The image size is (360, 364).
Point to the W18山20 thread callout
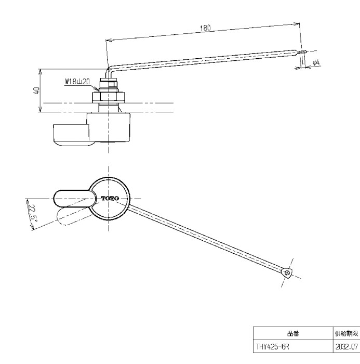77,82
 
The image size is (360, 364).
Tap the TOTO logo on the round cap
109,199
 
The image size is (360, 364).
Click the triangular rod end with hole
286,272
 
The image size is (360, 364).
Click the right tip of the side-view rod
303,51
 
